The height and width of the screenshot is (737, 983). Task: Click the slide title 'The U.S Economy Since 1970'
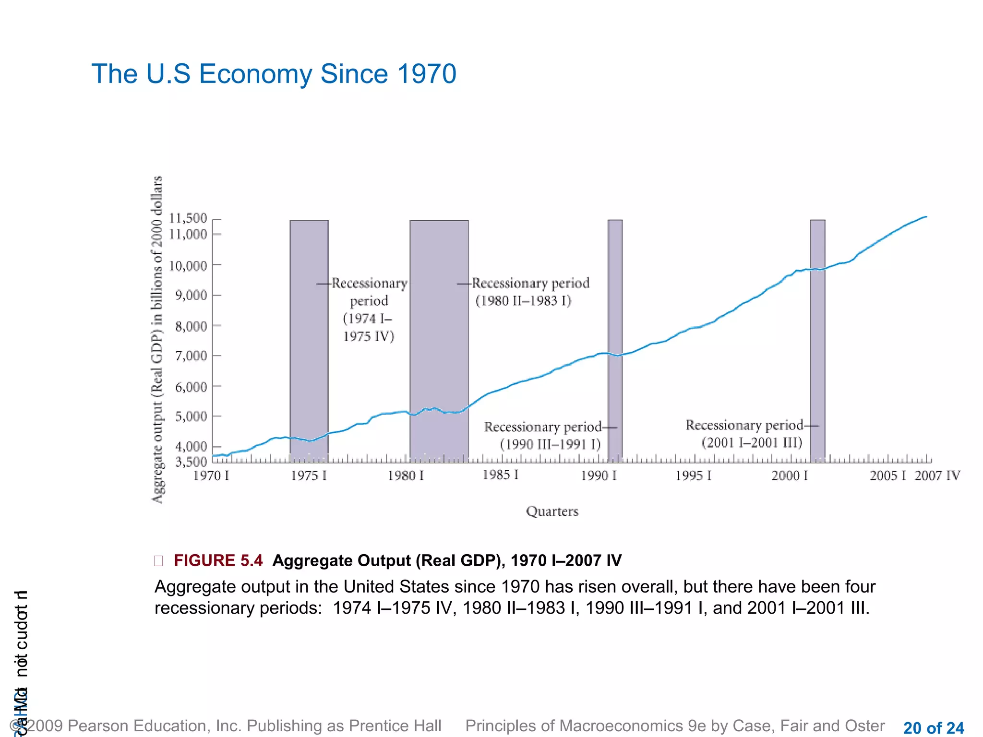[274, 74]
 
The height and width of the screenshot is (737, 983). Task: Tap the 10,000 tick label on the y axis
[188, 266]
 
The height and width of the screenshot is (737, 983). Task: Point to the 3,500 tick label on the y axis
[191, 462]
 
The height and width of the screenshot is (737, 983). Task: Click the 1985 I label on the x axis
[500, 475]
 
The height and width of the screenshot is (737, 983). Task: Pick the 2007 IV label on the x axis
[937, 475]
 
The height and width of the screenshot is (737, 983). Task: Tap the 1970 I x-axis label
[211, 475]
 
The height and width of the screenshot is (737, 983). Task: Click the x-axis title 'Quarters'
[552, 511]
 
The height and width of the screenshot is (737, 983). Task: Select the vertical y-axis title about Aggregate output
[157, 339]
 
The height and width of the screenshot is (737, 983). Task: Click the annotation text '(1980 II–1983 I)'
[523, 301]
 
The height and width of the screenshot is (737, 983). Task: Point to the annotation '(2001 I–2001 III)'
[752, 442]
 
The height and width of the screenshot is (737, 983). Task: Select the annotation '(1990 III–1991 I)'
[550, 444]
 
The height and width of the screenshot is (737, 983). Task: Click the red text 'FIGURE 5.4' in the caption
[218, 560]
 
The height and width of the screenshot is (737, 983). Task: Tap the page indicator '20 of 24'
[933, 728]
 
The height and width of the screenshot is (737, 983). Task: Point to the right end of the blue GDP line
[925, 217]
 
